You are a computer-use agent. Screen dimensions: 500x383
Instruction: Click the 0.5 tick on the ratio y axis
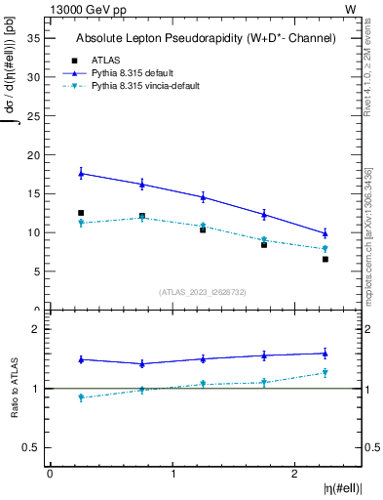coord(31,447)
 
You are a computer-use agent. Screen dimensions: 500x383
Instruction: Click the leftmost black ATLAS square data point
coord(81,213)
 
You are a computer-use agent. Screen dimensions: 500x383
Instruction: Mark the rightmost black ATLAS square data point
coord(326,259)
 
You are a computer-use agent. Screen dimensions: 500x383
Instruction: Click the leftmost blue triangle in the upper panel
coord(81,173)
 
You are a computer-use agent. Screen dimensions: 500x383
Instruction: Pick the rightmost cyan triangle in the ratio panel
coord(326,373)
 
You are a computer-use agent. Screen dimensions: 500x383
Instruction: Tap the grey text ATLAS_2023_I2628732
coord(203,291)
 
